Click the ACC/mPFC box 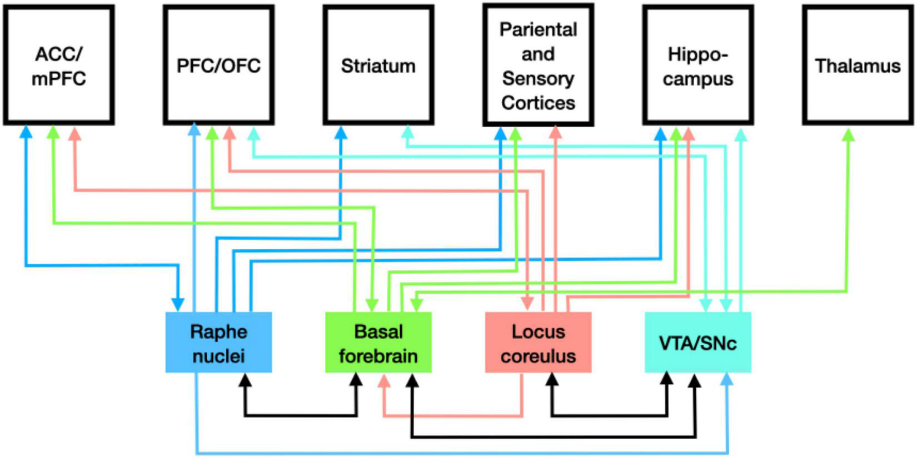pos(58,66)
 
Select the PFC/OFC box pos(218,66)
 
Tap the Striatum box pos(378,66)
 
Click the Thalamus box pos(858,66)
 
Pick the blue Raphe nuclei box pos(218,343)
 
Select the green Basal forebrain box pos(378,343)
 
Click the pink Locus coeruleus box pos(538,343)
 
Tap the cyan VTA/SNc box pos(697,343)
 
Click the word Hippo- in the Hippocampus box pos(697,54)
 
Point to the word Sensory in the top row pos(537,78)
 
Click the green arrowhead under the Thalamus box pos(848,134)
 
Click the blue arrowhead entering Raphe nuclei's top pos(177,304)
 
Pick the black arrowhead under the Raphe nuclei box pos(245,380)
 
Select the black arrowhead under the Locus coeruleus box pos(552,380)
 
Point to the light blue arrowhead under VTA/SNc pos(727,380)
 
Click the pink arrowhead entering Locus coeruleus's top pos(527,304)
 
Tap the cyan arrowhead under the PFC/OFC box pos(253,134)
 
